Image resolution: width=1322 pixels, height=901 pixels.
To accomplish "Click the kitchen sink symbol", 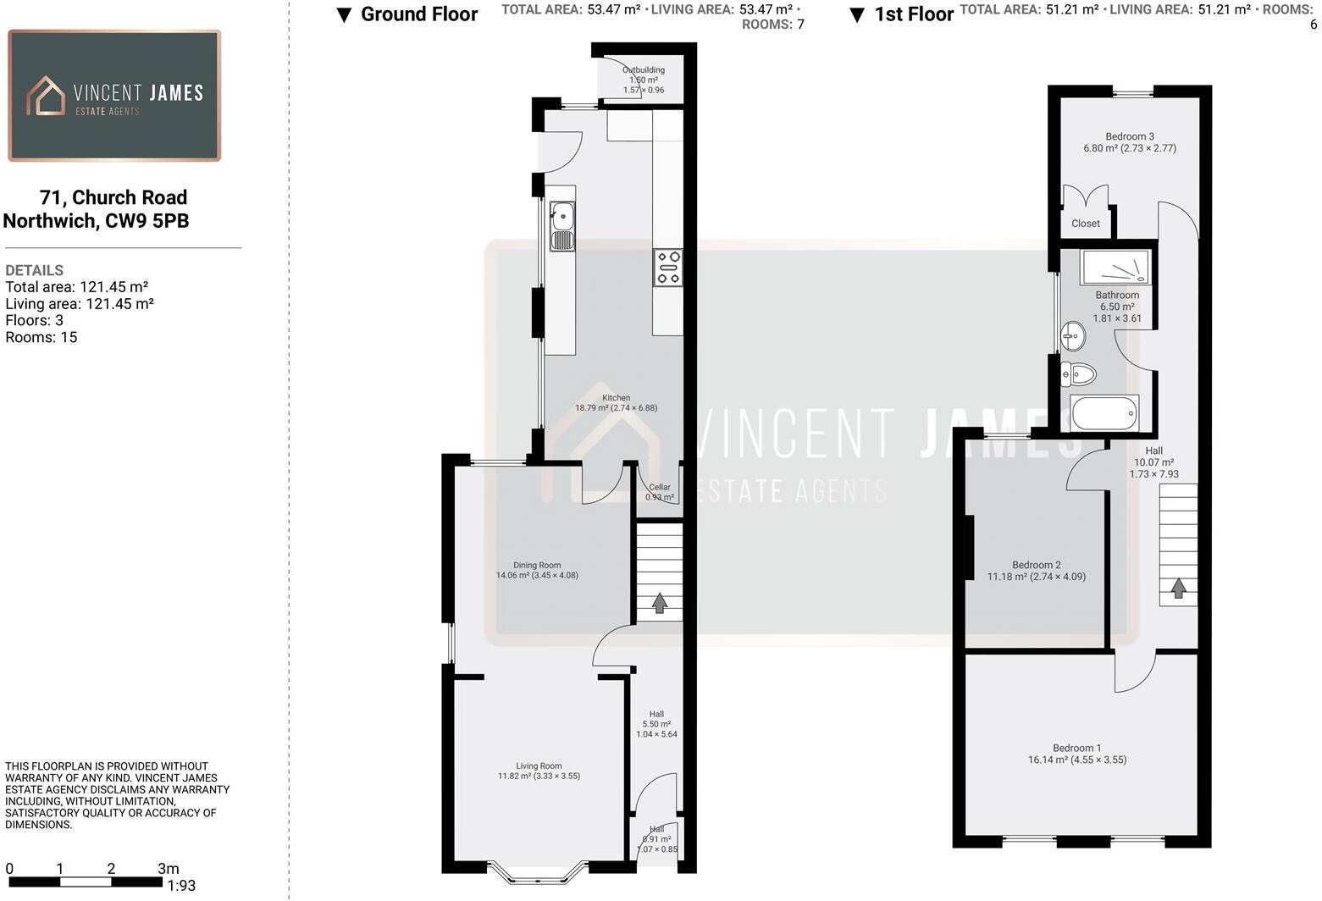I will [x=561, y=226].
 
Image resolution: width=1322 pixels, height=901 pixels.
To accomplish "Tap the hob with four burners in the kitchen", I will [x=667, y=268].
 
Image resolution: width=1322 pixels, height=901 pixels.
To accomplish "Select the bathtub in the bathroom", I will [x=1104, y=413].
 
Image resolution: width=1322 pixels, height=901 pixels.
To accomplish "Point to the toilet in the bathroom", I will [x=1078, y=373].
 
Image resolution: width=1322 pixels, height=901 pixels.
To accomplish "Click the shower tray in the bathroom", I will [x=1115, y=267].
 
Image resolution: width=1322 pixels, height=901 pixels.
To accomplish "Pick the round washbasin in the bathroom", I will [x=1073, y=336].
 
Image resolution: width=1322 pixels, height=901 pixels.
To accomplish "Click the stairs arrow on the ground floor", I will [x=659, y=602].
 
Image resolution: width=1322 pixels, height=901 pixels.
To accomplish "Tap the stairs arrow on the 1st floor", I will [x=1178, y=588].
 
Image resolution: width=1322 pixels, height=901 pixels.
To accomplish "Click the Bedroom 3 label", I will [x=1130, y=136].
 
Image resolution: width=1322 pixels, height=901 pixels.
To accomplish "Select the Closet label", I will [x=1086, y=224].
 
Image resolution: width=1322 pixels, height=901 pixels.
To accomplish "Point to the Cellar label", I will [x=660, y=487].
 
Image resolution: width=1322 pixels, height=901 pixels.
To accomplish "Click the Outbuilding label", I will [x=644, y=70].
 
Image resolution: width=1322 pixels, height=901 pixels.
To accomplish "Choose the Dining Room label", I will [x=537, y=565].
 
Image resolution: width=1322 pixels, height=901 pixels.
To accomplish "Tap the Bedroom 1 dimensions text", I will [x=1077, y=760].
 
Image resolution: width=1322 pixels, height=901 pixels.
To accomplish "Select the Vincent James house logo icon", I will [x=46, y=96].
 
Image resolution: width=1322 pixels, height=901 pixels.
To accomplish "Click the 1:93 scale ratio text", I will [x=181, y=886].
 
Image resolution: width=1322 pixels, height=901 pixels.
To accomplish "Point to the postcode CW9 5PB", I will [x=147, y=221].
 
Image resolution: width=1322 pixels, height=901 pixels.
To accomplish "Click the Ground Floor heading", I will [x=418, y=14].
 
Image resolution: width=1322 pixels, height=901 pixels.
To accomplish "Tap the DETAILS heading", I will [x=35, y=270].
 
